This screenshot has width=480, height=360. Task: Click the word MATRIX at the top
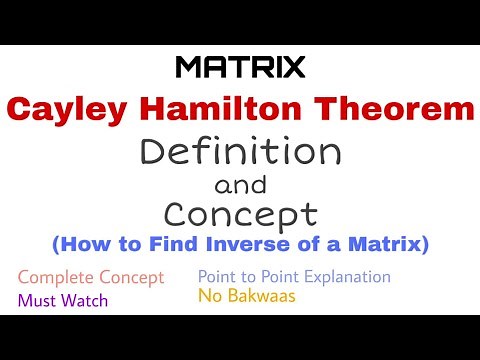click(x=240, y=67)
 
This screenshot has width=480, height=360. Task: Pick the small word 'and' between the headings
click(x=240, y=185)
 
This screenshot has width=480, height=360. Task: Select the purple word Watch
click(x=83, y=299)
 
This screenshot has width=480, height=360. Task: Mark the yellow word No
click(x=209, y=297)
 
